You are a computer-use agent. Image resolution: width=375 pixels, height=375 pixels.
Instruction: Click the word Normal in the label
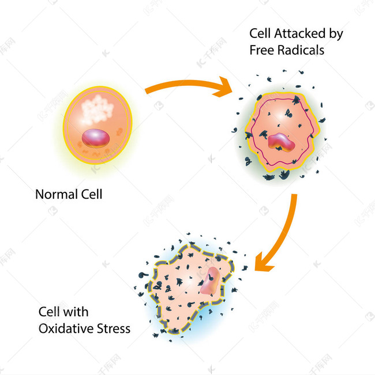click(57, 194)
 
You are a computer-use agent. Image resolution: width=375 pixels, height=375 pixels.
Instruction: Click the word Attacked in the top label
click(300, 33)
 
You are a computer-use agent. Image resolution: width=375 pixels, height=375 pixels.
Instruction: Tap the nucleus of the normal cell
click(96, 138)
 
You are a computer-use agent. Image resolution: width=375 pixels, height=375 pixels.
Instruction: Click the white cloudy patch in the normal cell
click(96, 110)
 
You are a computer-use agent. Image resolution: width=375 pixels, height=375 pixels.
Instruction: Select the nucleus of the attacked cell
click(281, 142)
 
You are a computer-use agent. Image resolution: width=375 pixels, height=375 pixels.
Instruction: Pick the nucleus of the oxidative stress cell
click(210, 281)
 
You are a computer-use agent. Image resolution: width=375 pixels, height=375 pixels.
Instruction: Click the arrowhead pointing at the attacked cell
click(223, 88)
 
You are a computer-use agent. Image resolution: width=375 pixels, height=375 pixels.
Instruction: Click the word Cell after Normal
click(92, 194)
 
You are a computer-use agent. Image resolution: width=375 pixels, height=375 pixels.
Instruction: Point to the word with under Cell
click(76, 312)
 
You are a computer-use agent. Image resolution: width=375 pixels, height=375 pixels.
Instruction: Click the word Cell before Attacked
click(261, 33)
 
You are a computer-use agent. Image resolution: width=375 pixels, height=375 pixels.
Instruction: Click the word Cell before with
click(49, 312)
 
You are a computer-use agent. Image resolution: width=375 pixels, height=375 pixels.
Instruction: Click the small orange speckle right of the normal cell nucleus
click(119, 131)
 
